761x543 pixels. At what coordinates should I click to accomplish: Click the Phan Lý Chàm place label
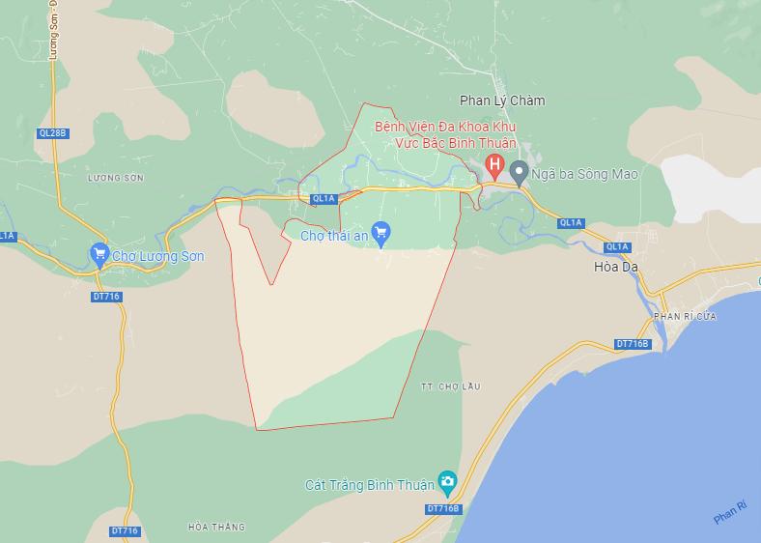tap(502, 100)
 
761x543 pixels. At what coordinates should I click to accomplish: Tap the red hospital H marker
tap(495, 166)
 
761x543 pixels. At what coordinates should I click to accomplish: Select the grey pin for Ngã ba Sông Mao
tap(519, 173)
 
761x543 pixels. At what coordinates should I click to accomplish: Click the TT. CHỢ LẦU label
tap(450, 386)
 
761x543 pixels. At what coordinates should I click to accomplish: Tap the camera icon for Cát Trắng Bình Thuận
tap(446, 481)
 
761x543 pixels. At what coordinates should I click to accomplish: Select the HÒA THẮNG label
tap(216, 528)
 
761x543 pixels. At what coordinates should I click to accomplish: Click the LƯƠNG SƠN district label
tap(115, 178)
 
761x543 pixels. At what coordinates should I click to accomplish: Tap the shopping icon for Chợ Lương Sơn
tap(99, 254)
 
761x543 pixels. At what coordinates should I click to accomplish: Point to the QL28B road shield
tap(53, 132)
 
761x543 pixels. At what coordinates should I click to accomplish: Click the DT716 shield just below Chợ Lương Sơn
tap(106, 297)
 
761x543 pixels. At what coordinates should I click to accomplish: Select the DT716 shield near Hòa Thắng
tap(125, 531)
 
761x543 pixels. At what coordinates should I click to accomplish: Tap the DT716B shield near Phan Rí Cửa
tap(634, 344)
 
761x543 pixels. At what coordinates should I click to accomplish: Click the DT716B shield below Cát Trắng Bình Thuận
tap(443, 509)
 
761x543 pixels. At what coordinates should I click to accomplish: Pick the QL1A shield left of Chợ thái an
tap(324, 199)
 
